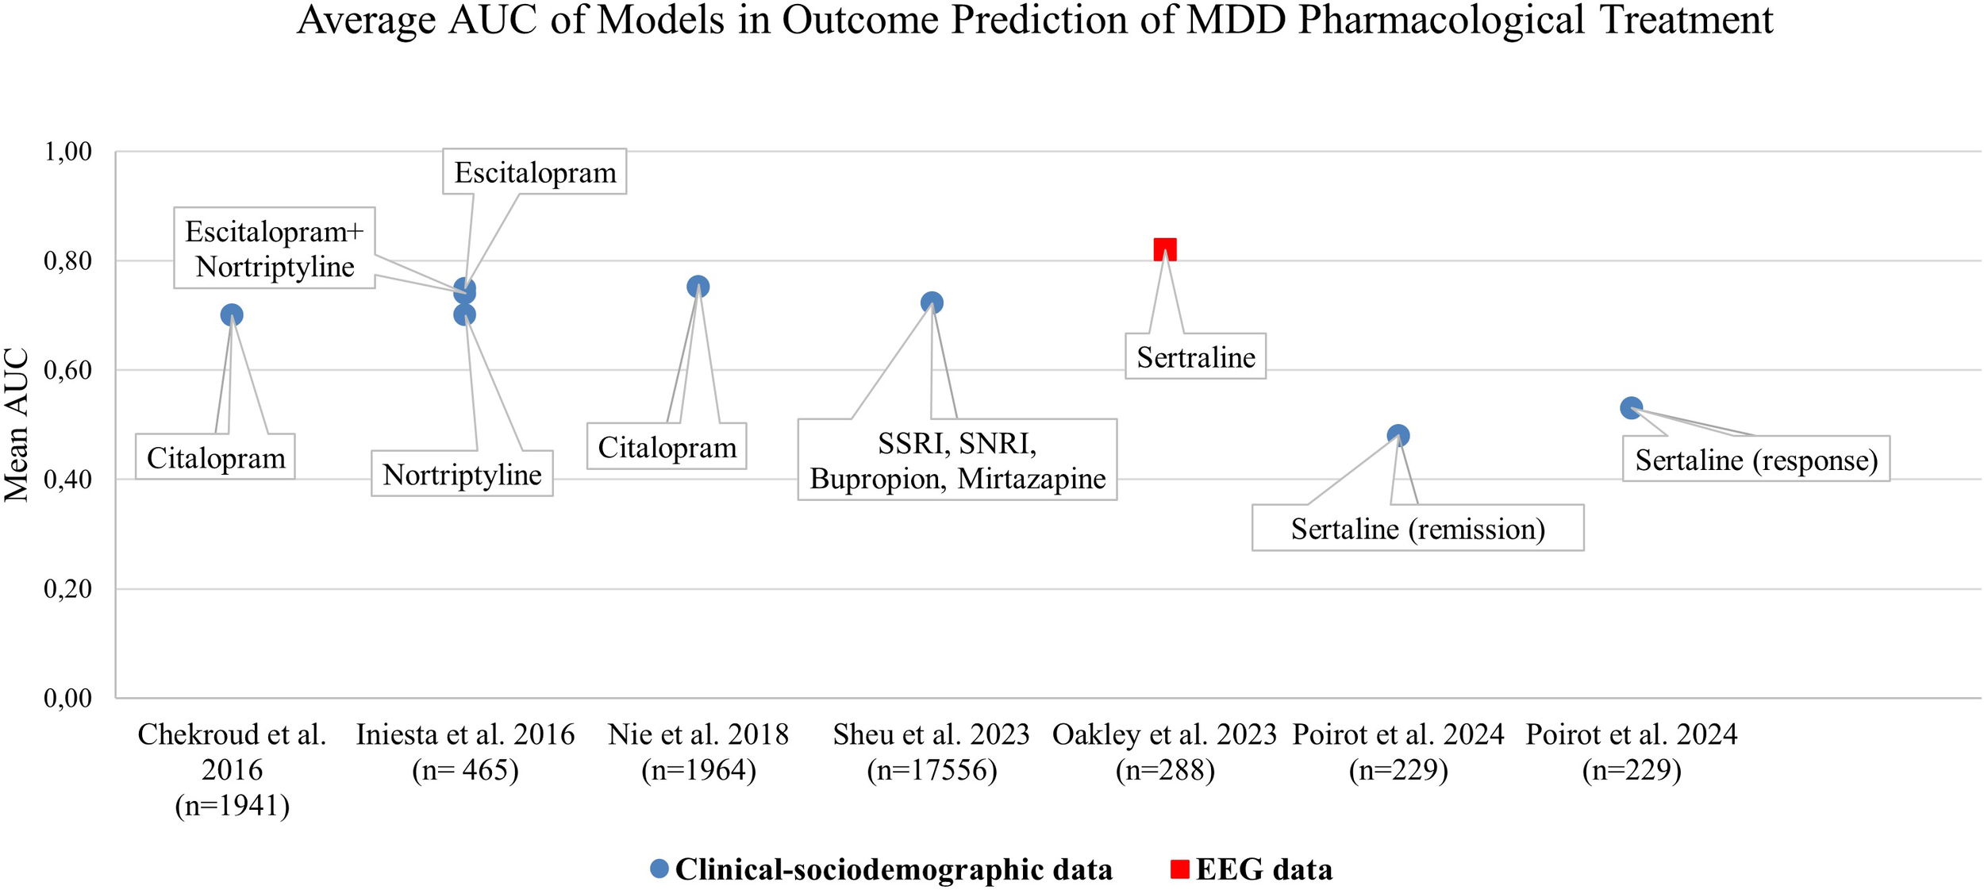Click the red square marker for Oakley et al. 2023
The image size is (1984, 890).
(1164, 249)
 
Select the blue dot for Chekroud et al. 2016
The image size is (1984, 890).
(231, 315)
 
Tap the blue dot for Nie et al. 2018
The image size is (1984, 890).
(698, 287)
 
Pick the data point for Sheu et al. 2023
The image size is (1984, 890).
(932, 302)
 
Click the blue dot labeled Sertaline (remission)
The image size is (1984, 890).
(1398, 435)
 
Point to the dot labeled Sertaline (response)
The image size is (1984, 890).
(1631, 408)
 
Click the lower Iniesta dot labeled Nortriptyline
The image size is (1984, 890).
(464, 315)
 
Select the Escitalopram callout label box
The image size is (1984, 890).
(534, 172)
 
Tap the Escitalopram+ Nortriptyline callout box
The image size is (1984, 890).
(275, 249)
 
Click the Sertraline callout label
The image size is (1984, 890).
(1195, 356)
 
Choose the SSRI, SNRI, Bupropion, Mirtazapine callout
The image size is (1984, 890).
(957, 460)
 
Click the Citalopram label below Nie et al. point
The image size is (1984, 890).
(667, 447)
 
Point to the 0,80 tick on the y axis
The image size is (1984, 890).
(68, 260)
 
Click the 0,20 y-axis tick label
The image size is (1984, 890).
(68, 588)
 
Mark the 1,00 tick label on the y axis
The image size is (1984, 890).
(68, 151)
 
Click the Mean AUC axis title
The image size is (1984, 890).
(17, 425)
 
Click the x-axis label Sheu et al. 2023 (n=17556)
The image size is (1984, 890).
(931, 752)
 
